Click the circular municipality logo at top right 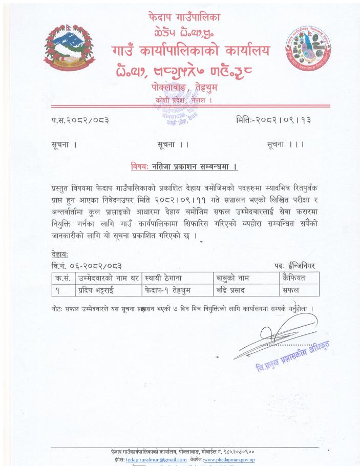(308, 54)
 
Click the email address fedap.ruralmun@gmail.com (155, 460)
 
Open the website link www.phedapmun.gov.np (234, 460)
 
